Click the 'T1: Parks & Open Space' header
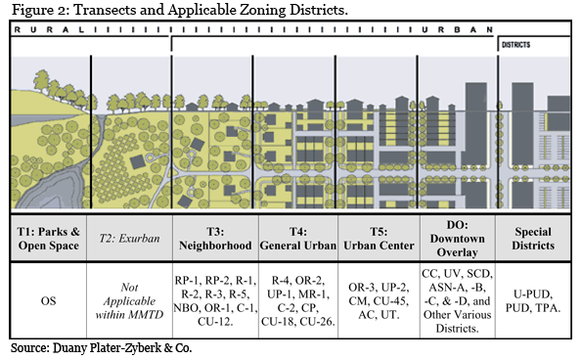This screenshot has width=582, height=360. coord(49,238)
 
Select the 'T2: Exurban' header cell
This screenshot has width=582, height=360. coord(132,238)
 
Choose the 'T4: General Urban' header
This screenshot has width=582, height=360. coord(297,238)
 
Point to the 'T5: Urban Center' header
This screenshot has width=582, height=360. coord(377,238)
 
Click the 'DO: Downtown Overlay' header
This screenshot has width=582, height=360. coord(457,238)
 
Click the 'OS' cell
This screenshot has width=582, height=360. coord(49,299)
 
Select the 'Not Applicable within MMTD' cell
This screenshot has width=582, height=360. coord(132,299)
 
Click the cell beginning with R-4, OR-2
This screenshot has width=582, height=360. coord(297,299)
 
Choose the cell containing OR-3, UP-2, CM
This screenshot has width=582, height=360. coord(377,299)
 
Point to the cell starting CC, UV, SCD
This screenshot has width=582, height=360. coord(457,299)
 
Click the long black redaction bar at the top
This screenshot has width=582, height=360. coord(181,10)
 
